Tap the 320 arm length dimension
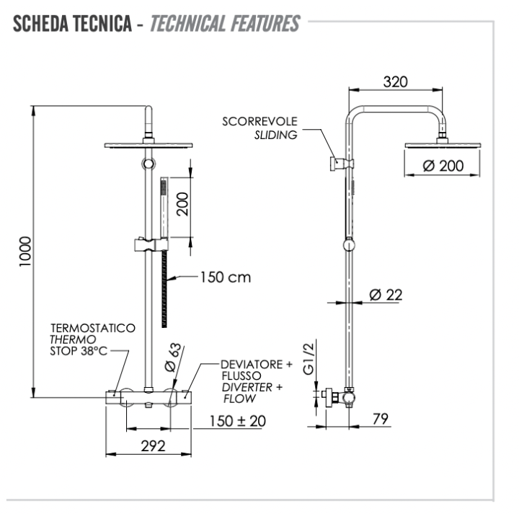(x=394, y=81)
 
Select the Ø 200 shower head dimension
(x=443, y=166)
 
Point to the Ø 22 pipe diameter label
(x=385, y=294)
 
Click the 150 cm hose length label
(x=226, y=277)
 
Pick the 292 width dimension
(x=153, y=445)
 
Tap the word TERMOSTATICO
(x=92, y=327)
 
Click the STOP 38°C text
(x=81, y=352)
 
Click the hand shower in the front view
(x=163, y=202)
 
